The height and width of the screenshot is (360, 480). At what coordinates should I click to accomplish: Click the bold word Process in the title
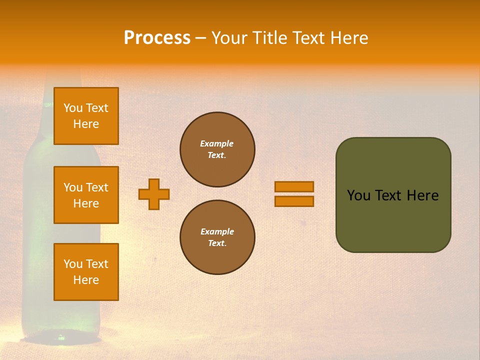pos(157,38)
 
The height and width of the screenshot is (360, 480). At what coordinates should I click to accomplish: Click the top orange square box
pos(86,116)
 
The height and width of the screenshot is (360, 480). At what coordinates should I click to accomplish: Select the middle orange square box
pos(86,195)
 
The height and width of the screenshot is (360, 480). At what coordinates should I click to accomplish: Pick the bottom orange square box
pos(86,272)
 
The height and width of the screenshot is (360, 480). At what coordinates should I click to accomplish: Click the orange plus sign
pos(154,194)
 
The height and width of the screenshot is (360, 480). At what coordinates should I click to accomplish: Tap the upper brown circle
pos(217,149)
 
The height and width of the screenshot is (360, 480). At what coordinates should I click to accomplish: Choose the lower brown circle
pos(217,237)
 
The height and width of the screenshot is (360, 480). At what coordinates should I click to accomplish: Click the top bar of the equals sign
pos(294,186)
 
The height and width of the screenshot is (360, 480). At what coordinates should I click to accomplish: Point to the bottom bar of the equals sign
pos(294,201)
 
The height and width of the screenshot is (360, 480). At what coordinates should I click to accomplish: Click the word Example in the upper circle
pos(217,143)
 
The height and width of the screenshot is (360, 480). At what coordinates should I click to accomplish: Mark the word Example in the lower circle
pos(217,231)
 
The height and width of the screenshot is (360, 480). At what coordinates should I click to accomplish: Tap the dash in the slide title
pos(200,38)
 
